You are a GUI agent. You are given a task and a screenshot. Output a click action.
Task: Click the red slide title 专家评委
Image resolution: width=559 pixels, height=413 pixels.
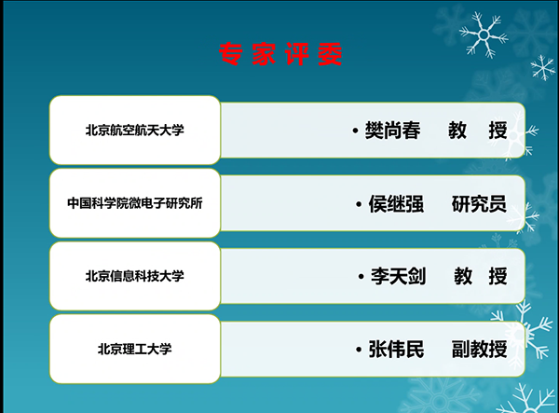click(x=280, y=54)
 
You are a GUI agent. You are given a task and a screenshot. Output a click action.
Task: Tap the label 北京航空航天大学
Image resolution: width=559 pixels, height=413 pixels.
click(x=135, y=131)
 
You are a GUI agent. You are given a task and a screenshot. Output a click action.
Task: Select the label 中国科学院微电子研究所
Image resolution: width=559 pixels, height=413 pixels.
click(x=135, y=203)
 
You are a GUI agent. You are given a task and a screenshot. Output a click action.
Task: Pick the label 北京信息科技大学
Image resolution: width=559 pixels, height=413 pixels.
click(x=135, y=276)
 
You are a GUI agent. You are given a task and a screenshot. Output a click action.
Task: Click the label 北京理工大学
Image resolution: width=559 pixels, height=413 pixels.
click(x=135, y=349)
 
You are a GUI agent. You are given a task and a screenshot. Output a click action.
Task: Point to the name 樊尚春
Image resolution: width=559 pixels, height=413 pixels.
click(x=392, y=131)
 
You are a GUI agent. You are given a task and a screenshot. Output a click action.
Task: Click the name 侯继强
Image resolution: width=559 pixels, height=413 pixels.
click(x=396, y=203)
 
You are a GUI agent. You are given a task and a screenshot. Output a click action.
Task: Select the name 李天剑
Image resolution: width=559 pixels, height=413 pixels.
click(x=398, y=276)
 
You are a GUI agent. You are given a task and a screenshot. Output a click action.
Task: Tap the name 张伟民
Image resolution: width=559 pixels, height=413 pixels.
click(x=396, y=349)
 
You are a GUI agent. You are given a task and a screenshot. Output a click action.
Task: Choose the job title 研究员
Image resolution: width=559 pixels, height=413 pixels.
click(x=479, y=203)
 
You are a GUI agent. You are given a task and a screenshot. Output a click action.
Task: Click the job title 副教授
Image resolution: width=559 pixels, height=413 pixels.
click(x=479, y=349)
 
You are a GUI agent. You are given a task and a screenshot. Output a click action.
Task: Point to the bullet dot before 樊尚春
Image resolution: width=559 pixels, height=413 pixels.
click(x=355, y=131)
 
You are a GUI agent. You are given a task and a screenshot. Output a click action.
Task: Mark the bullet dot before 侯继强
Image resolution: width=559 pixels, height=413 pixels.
click(x=359, y=204)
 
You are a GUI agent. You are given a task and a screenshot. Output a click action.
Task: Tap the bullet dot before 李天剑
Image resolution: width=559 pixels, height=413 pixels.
click(x=361, y=277)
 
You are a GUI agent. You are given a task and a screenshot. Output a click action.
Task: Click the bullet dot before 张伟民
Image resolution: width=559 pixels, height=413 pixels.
click(x=359, y=350)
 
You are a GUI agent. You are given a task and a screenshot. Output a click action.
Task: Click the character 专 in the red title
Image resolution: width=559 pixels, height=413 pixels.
click(x=231, y=54)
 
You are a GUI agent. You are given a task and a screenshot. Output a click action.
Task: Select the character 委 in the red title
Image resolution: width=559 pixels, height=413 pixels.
click(x=330, y=54)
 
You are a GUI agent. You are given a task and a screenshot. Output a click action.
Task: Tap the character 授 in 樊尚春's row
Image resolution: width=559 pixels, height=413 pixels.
click(x=498, y=131)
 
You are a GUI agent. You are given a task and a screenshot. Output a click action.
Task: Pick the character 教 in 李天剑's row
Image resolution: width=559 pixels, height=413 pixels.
click(x=463, y=276)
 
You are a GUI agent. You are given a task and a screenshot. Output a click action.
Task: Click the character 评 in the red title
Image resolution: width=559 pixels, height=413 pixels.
click(x=297, y=54)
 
